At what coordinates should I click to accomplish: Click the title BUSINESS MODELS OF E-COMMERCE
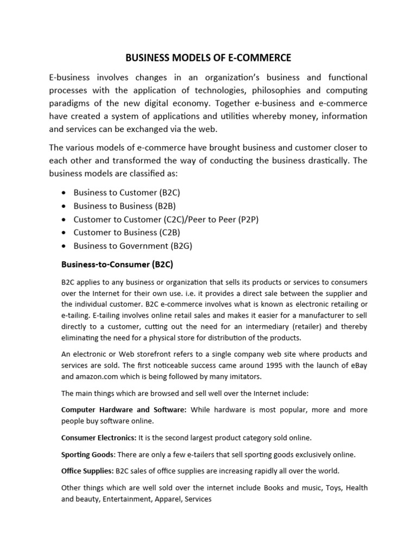(x=208, y=57)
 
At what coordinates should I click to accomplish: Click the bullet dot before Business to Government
(x=65, y=246)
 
